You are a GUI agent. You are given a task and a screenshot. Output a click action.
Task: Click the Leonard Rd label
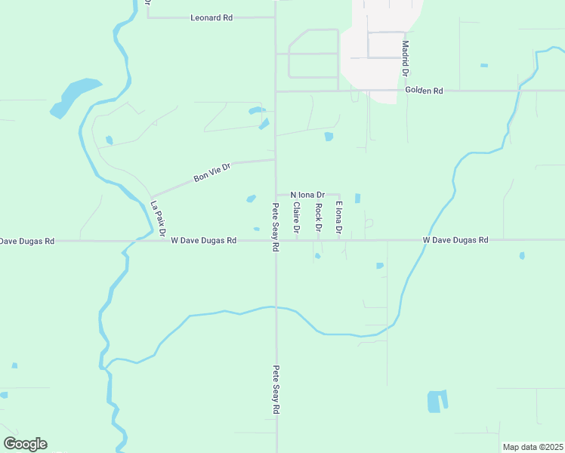click(x=211, y=17)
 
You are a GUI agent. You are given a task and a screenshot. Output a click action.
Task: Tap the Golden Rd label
click(x=424, y=91)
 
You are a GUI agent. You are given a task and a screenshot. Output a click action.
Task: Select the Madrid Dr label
click(x=405, y=59)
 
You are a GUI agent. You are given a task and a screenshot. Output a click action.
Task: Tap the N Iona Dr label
click(x=307, y=194)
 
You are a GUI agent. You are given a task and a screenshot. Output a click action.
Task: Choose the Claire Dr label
click(x=298, y=217)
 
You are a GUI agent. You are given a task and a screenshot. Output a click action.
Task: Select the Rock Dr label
click(x=319, y=217)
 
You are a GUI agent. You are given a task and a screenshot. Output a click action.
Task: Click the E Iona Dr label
click(x=340, y=217)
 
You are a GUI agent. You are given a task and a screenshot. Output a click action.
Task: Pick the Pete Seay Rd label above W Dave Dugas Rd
click(x=276, y=227)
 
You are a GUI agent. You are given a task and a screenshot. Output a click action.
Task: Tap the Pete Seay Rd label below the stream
click(x=276, y=390)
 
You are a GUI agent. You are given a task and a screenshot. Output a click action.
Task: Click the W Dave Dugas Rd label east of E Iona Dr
click(x=455, y=240)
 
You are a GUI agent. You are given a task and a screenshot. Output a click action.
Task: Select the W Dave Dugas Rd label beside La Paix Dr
click(x=204, y=240)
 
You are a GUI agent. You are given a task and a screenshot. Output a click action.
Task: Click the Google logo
click(x=25, y=444)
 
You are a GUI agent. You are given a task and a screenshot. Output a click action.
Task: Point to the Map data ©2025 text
click(x=532, y=447)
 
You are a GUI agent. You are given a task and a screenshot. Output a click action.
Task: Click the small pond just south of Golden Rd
click(x=329, y=137)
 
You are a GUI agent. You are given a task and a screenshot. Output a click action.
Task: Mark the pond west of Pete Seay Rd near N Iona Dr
click(x=251, y=199)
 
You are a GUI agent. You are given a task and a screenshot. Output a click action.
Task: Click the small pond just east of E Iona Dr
click(x=357, y=199)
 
